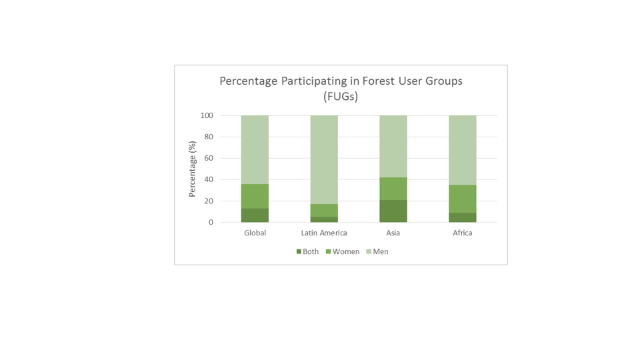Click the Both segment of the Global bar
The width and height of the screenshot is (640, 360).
pos(255,215)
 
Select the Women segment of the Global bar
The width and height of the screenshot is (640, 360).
pos(255,196)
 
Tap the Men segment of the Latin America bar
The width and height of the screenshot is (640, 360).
pos(324,159)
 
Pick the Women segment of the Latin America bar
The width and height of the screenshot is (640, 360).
pos(324,211)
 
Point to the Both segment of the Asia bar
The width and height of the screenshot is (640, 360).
pos(393,211)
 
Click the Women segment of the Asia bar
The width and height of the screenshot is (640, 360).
pos(393,189)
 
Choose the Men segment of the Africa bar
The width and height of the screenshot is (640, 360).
pos(463,150)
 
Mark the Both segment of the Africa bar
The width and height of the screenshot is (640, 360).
pos(463,217)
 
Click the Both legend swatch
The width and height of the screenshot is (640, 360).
pos(299,252)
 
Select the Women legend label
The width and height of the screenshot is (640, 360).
pos(346,252)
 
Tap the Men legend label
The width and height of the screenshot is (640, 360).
pos(381,252)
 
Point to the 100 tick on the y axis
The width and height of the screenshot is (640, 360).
pos(207,115)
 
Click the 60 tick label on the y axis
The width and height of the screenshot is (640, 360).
pos(209,158)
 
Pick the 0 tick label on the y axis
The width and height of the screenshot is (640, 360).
pos(211,223)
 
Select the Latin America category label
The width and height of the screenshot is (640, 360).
pos(324,233)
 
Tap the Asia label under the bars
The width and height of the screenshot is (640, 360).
pos(393,233)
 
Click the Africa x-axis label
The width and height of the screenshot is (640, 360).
pos(463,233)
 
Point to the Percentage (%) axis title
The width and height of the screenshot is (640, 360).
pos(192,169)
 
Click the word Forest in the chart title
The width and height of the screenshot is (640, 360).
pos(379,81)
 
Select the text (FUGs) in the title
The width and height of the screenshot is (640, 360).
pos(341,97)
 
